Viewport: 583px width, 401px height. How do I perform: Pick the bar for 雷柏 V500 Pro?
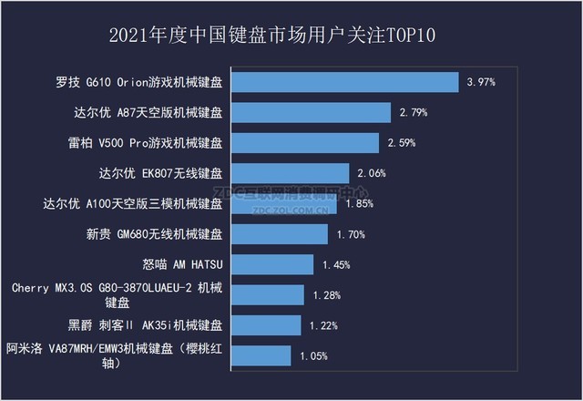click(303, 143)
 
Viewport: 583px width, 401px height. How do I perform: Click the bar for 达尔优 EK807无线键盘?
click(288, 173)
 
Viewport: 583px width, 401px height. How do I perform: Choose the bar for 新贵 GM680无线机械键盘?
click(278, 234)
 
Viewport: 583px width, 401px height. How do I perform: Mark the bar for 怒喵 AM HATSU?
click(271, 264)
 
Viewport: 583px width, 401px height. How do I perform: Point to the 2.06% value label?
click(371, 173)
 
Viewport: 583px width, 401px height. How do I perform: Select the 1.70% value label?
click(350, 234)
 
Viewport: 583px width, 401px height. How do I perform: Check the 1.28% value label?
click(326, 295)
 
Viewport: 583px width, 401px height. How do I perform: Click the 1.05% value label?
click(312, 356)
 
